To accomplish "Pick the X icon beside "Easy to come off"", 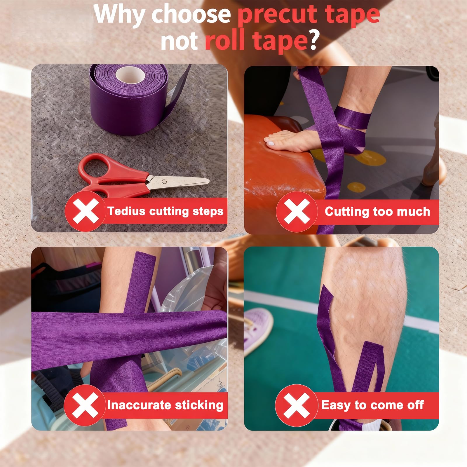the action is pyautogui.click(x=296, y=405).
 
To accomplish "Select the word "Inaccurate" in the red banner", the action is pyautogui.click(x=137, y=405).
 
